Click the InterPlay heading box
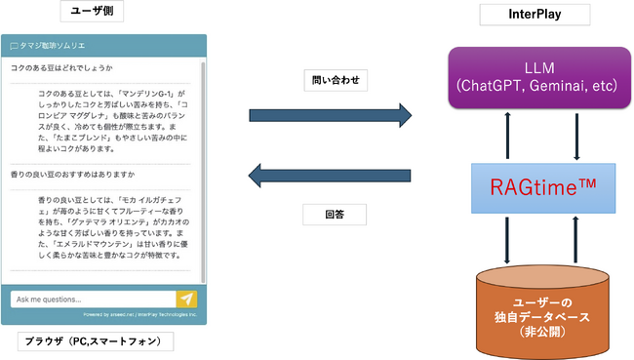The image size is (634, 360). (x=535, y=15)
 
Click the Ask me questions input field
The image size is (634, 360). (x=93, y=300)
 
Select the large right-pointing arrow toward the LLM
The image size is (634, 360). (x=330, y=117)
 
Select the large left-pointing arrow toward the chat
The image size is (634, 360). (x=330, y=177)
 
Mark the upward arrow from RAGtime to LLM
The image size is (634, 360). (x=507, y=137)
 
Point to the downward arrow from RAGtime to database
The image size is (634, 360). (x=507, y=240)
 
